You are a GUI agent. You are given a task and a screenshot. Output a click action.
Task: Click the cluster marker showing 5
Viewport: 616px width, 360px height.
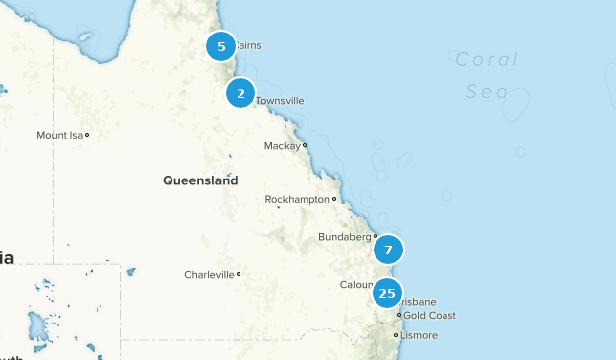tap(221, 46)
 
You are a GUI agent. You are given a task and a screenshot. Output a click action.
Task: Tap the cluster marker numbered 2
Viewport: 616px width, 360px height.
tap(240, 93)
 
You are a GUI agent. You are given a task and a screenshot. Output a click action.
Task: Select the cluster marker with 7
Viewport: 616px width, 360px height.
tap(388, 250)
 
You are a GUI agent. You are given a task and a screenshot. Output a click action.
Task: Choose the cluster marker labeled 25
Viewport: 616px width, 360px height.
tap(387, 293)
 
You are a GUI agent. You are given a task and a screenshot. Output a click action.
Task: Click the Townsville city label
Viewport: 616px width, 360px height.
tap(280, 101)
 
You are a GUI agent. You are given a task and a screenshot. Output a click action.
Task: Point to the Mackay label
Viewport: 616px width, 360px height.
tap(282, 146)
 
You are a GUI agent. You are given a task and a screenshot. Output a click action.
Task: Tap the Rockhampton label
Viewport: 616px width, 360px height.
tap(297, 200)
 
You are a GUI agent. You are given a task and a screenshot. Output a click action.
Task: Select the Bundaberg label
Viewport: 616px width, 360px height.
tap(344, 237)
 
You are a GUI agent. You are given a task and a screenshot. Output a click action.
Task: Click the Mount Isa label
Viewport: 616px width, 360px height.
tap(59, 135)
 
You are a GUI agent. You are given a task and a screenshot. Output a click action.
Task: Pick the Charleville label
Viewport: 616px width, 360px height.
tap(209, 275)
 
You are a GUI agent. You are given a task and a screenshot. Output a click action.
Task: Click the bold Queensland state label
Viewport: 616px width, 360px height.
tap(200, 181)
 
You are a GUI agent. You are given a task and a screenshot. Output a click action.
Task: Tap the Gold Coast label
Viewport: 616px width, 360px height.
tap(430, 316)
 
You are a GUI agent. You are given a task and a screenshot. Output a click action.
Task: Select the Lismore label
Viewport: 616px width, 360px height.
tap(420, 335)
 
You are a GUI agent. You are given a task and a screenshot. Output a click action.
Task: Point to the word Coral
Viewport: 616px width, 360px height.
tap(486, 59)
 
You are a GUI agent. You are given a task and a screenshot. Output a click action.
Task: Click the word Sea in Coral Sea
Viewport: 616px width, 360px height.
tap(488, 93)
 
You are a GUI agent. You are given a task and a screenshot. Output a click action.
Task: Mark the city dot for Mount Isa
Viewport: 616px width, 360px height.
tap(87, 135)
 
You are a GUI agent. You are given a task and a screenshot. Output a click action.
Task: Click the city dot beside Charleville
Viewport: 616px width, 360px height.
tap(239, 275)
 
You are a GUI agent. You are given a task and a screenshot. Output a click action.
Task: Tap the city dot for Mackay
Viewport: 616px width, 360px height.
tap(305, 146)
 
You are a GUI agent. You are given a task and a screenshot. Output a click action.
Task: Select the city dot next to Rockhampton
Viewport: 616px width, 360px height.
tap(334, 200)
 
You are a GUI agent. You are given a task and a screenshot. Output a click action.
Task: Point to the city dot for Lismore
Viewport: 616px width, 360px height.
tap(396, 335)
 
